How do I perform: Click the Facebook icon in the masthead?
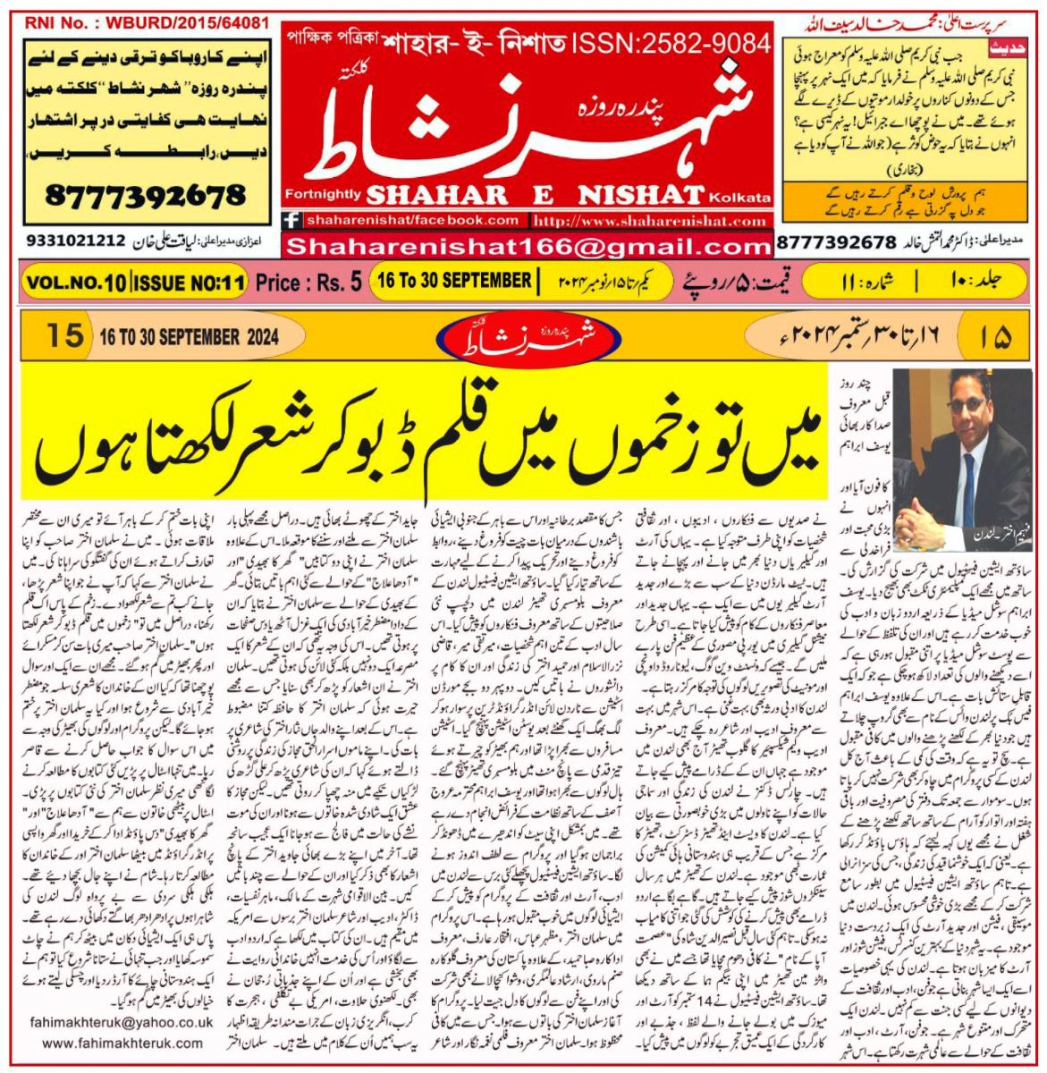pyautogui.click(x=291, y=220)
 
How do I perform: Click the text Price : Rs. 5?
pyautogui.click(x=308, y=283)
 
